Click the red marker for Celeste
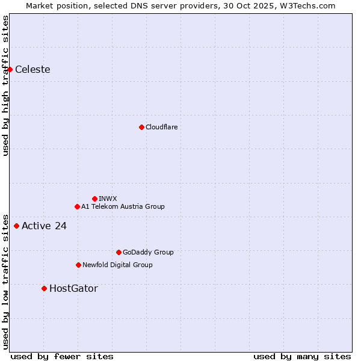click(x=10, y=70)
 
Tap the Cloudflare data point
click(x=141, y=127)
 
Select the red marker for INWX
click(x=94, y=199)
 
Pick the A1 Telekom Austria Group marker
click(x=77, y=206)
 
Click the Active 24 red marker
click(x=16, y=226)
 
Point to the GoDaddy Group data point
click(x=119, y=252)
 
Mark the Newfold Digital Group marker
click(x=78, y=265)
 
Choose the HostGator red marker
click(x=44, y=289)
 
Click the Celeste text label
click(x=32, y=70)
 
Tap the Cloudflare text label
click(x=161, y=127)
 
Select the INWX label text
click(x=108, y=199)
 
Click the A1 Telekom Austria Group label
click(x=123, y=206)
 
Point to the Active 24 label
click(x=44, y=226)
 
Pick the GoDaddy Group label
click(x=148, y=252)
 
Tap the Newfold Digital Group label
click(x=117, y=265)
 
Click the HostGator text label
click(x=73, y=289)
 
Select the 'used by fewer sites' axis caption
click(x=62, y=356)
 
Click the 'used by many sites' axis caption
click(x=302, y=356)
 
